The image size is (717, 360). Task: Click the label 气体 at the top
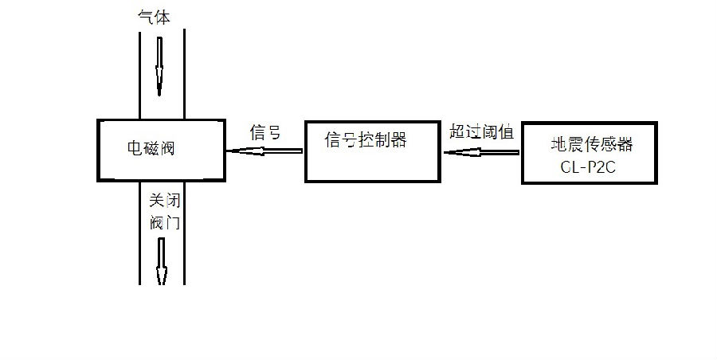point(154,17)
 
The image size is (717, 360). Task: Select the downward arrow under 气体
point(159,66)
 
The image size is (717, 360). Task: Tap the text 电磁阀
point(151,148)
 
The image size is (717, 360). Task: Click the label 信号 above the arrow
point(265,132)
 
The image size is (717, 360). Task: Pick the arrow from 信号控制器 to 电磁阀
point(264,151)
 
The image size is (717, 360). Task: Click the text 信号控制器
point(366,139)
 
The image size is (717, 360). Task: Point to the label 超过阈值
point(481,131)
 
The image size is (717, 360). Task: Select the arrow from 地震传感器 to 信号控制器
point(481,152)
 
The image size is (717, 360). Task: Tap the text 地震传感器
point(592,144)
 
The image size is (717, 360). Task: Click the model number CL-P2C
point(588,167)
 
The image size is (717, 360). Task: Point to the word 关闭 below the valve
point(165,201)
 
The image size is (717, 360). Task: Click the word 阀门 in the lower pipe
point(165,222)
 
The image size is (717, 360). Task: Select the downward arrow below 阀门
point(161,261)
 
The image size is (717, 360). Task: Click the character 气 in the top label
point(146,17)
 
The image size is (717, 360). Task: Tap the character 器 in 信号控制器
point(399,139)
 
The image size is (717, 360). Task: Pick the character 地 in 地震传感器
point(558,144)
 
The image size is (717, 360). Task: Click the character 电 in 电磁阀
point(135,148)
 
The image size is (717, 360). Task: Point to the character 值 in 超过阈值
point(506,131)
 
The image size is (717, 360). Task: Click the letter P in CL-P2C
point(592,167)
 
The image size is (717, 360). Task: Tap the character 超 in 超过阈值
point(457,131)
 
